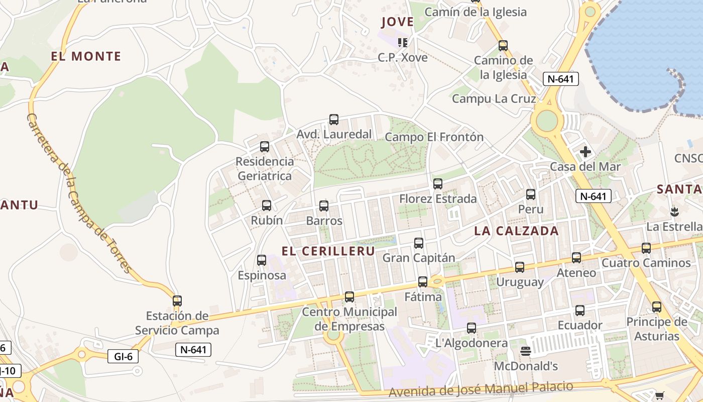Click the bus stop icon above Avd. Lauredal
[x=334, y=120]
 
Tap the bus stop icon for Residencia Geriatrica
[x=265, y=147]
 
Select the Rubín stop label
[x=267, y=221]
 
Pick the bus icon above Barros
[x=324, y=206]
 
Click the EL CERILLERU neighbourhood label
[x=328, y=251]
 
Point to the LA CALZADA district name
[x=516, y=231]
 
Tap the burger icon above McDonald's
[x=526, y=351]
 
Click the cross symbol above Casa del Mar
[x=585, y=151]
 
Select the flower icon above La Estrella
[x=674, y=211]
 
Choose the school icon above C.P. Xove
[x=402, y=42]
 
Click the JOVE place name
[x=397, y=22]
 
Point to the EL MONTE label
[x=86, y=56]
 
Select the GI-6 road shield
[x=123, y=356]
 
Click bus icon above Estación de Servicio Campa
[x=177, y=301]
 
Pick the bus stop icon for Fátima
[x=423, y=282]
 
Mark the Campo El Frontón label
[x=434, y=137]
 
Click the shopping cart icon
[x=659, y=395]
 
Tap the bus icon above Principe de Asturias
[x=657, y=307]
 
